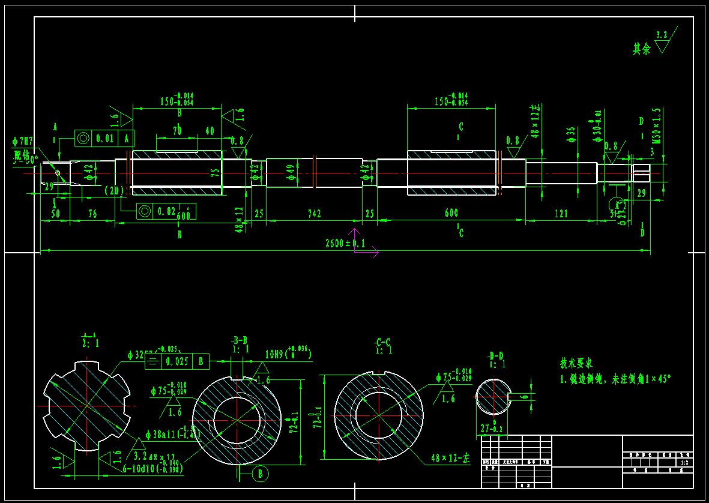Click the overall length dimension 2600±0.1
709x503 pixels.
point(345,244)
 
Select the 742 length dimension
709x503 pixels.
point(314,214)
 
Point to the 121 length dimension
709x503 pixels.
point(561,214)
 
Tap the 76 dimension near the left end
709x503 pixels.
point(92,214)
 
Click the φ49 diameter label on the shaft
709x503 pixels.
point(291,173)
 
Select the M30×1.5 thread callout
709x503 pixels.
point(656,126)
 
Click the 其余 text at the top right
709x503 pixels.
point(641,49)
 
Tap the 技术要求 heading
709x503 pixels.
point(576,363)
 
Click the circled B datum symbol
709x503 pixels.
point(260,474)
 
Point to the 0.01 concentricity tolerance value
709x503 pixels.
point(105,138)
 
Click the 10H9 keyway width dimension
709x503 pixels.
point(288,354)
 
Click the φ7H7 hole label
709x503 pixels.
point(23,142)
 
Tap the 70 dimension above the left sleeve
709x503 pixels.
point(177,130)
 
